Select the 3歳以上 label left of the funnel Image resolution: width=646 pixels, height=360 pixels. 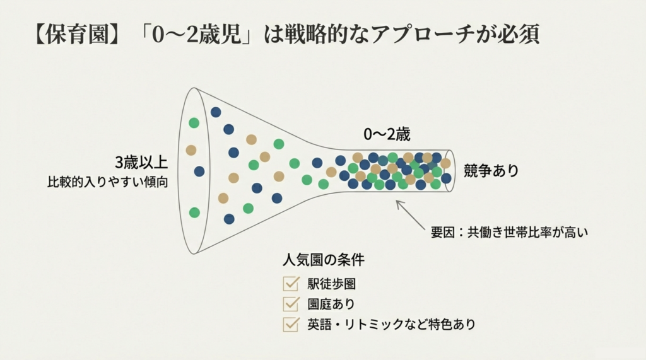click(x=141, y=163)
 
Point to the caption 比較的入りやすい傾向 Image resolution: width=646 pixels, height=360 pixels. click(x=107, y=182)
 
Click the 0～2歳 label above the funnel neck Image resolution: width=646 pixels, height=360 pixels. click(x=387, y=135)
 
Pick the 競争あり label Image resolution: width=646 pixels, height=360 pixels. click(x=491, y=170)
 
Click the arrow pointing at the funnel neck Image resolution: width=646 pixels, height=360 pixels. click(x=410, y=215)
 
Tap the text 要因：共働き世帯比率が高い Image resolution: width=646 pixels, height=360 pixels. click(x=509, y=232)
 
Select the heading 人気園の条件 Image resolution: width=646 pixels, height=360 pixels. click(x=324, y=260)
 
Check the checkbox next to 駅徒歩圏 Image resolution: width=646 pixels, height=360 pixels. click(x=291, y=283)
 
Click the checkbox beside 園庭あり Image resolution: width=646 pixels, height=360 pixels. click(x=291, y=304)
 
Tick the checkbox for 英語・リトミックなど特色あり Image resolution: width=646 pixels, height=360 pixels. click(x=291, y=324)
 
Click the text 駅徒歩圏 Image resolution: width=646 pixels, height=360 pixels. click(x=332, y=284)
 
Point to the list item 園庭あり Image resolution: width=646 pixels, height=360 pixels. click(x=331, y=304)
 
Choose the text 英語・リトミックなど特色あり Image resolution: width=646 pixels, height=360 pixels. click(x=391, y=324)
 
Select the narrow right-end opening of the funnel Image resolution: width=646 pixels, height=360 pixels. click(x=450, y=171)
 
